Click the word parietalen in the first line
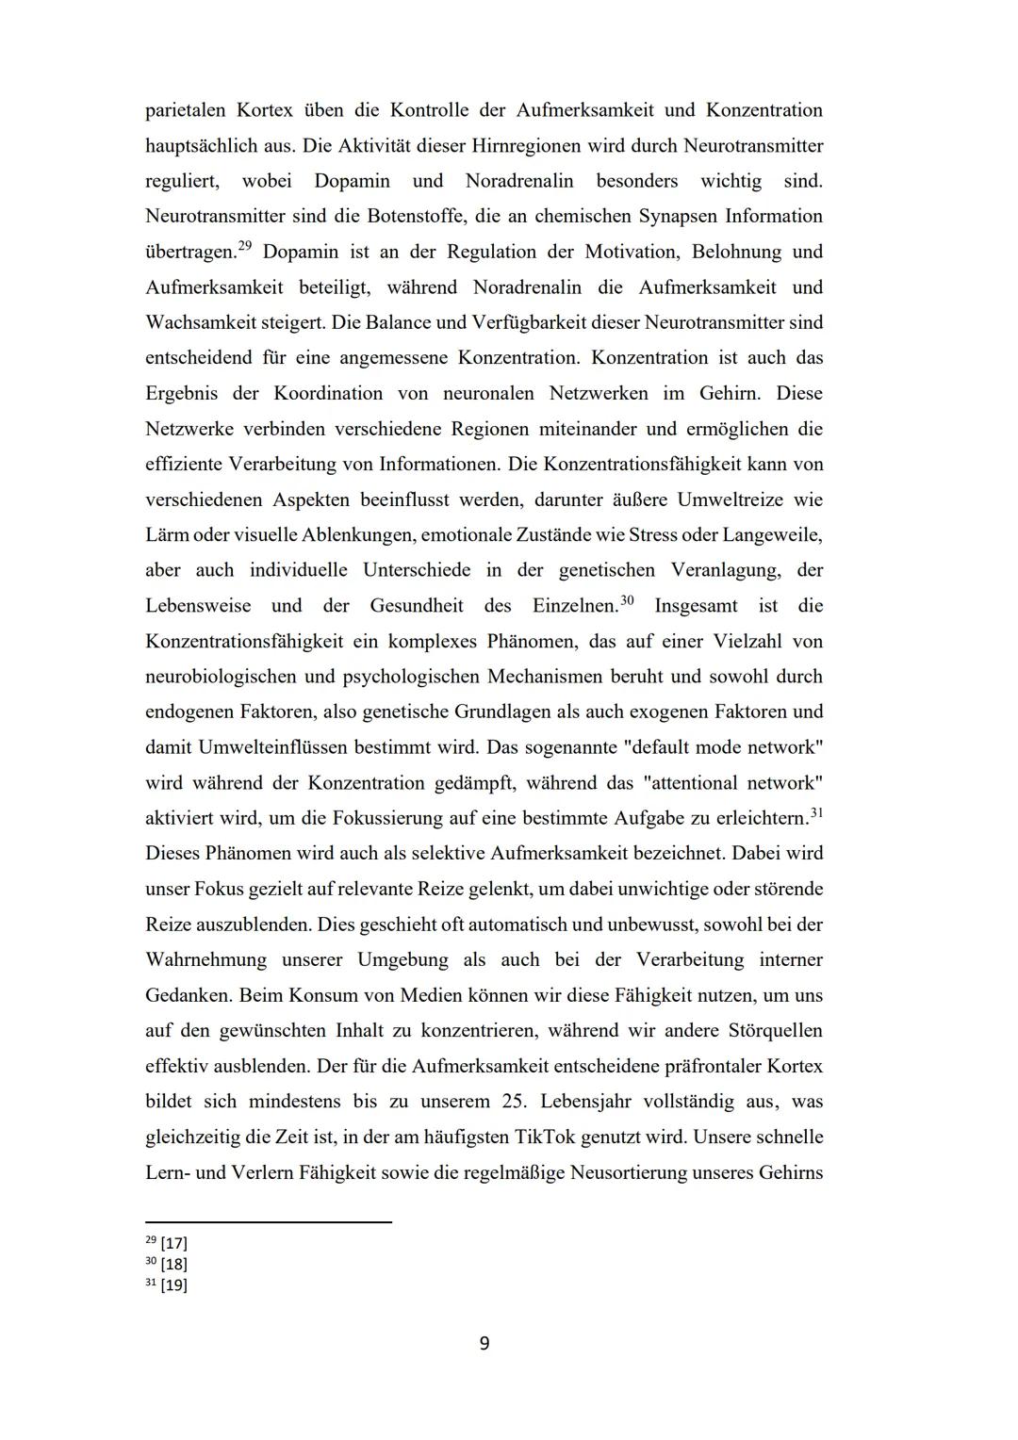click(185, 110)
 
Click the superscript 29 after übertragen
click(244, 246)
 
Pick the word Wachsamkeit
click(200, 322)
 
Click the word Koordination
click(328, 393)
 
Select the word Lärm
click(166, 535)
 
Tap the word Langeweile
click(771, 535)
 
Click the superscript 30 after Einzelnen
click(627, 600)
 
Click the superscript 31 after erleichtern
click(816, 812)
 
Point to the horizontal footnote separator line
click(268, 1222)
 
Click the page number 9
click(484, 1344)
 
